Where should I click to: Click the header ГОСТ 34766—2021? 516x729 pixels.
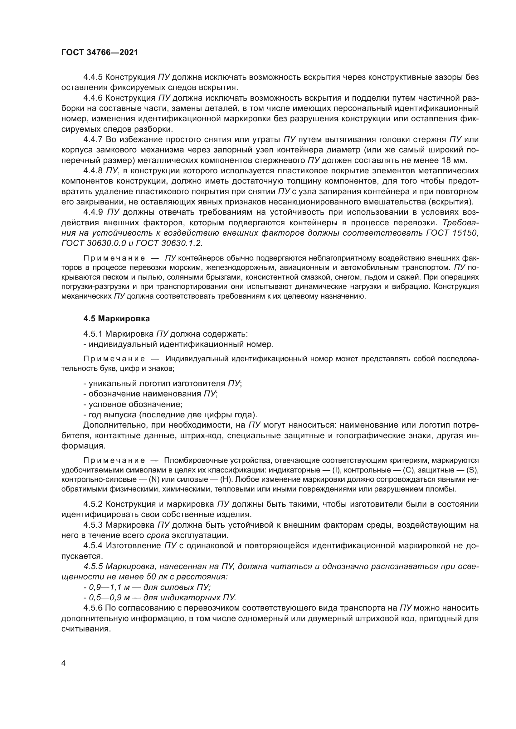coord(100,53)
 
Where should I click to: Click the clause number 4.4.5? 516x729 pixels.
coord(93,77)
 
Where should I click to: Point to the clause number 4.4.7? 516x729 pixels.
coord(93,139)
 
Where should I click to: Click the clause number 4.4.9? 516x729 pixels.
coord(93,212)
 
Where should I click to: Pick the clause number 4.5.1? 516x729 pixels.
coord(93,334)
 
